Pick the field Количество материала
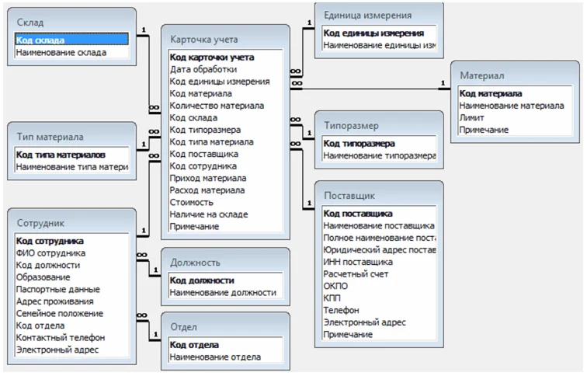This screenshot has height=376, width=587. click(217, 106)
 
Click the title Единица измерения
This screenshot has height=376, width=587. click(367, 15)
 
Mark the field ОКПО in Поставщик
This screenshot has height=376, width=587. click(335, 286)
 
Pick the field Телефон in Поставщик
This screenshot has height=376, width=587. click(342, 310)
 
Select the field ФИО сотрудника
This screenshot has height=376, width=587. click(51, 253)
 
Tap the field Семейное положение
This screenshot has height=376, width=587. click(60, 313)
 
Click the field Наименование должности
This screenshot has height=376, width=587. click(223, 292)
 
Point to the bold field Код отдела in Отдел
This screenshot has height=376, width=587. click(194, 345)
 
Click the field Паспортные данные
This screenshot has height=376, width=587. click(55, 289)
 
